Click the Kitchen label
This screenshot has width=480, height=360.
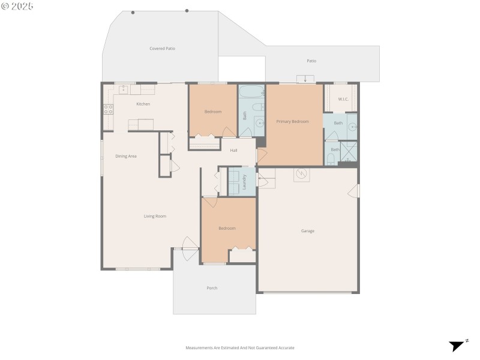[x=143, y=104]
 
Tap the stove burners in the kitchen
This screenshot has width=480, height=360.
[x=109, y=109]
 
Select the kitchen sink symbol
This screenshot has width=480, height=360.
[x=124, y=89]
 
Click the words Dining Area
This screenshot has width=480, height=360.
[x=126, y=156]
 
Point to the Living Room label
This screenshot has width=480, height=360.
[x=155, y=216]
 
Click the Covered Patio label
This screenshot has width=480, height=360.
[x=162, y=49]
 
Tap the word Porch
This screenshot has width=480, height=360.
[x=212, y=288]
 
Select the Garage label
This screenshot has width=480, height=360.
[x=307, y=231]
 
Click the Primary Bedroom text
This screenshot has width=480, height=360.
[x=292, y=122]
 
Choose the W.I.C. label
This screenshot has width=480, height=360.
[x=343, y=99]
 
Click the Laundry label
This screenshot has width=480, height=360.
[x=245, y=182]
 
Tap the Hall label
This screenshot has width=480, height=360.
[x=235, y=150]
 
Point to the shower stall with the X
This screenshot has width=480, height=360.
[x=349, y=152]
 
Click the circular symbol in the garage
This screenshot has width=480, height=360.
[x=302, y=174]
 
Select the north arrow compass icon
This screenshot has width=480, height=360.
[x=457, y=345]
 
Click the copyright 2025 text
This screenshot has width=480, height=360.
[x=17, y=6]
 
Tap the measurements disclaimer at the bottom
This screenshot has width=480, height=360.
[x=240, y=347]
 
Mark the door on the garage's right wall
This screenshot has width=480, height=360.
[x=354, y=191]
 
